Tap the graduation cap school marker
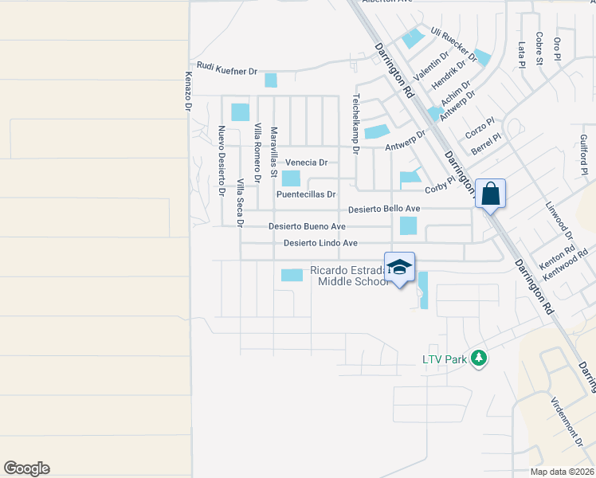pyautogui.click(x=400, y=266)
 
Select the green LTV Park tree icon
pyautogui.click(x=479, y=358)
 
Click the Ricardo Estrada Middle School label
pyautogui.click(x=350, y=276)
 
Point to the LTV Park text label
pyautogui.click(x=444, y=359)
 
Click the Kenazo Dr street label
pyautogui.click(x=189, y=91)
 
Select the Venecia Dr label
pyautogui.click(x=307, y=163)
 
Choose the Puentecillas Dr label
pyautogui.click(x=307, y=194)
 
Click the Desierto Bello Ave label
pyautogui.click(x=384, y=210)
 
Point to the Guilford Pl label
pyautogui.click(x=584, y=155)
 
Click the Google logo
pyautogui.click(x=26, y=468)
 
